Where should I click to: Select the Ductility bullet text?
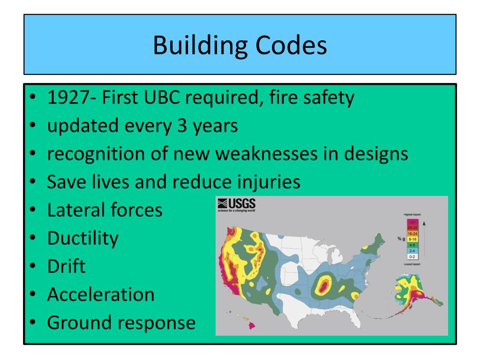click(82, 238)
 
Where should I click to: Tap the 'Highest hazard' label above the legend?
click(412, 214)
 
